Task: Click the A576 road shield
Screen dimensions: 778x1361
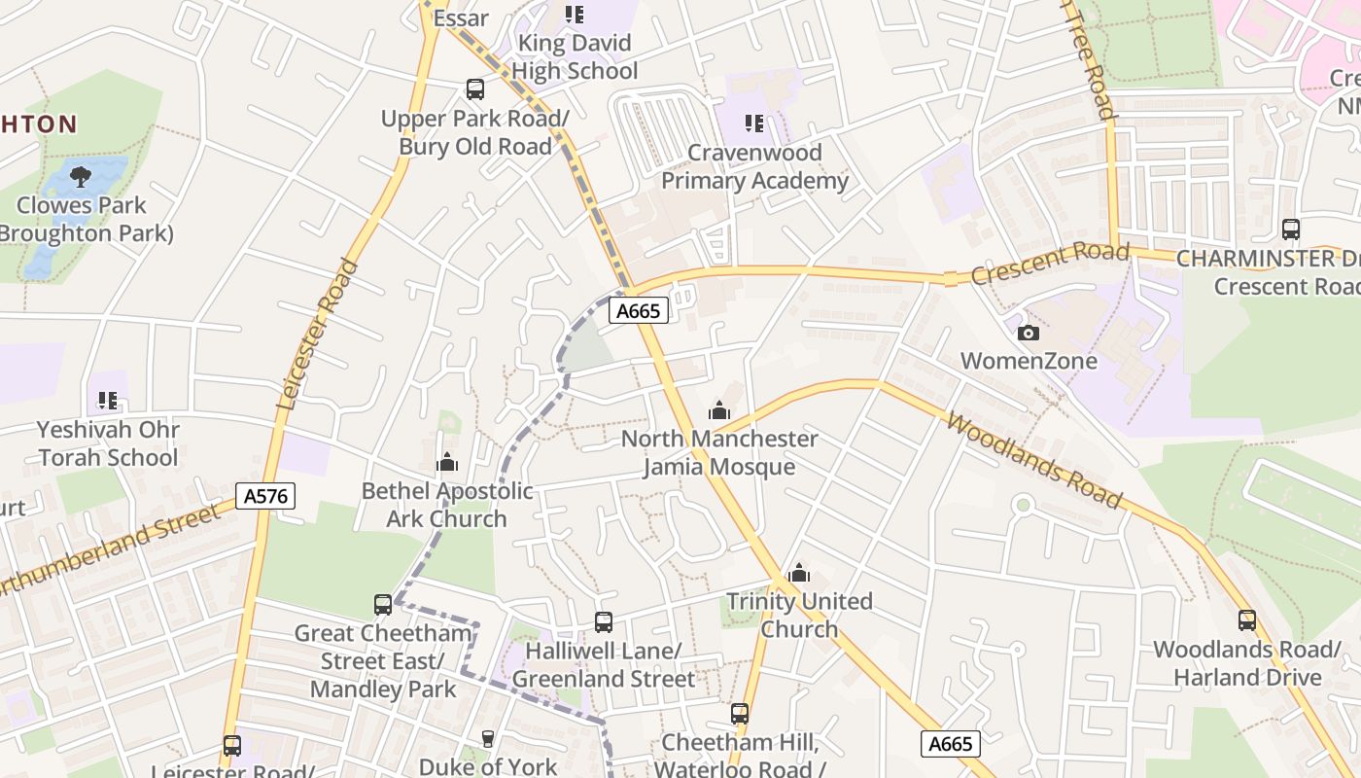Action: click(x=265, y=496)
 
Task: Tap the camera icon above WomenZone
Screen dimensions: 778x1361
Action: click(x=1028, y=333)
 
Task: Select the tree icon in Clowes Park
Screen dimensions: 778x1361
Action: click(x=81, y=176)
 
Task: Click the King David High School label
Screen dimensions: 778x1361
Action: click(x=575, y=56)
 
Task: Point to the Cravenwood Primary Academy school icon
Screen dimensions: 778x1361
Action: click(x=753, y=124)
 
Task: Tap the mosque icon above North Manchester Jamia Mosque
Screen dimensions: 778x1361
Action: click(x=719, y=410)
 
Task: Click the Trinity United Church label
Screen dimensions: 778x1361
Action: click(x=799, y=615)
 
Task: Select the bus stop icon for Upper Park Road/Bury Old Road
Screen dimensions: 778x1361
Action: click(x=474, y=89)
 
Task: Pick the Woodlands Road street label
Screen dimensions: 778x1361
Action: click(x=1033, y=460)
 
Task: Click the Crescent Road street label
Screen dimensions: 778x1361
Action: click(x=1050, y=264)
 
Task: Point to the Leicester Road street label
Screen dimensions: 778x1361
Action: click(x=318, y=334)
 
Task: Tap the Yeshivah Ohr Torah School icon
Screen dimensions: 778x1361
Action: click(x=107, y=400)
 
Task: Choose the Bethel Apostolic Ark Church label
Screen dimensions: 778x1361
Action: click(x=447, y=505)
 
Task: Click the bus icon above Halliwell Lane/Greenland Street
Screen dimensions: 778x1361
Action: click(x=604, y=621)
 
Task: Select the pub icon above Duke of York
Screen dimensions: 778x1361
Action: click(x=488, y=739)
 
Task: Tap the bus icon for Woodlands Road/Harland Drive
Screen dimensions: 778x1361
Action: click(x=1247, y=619)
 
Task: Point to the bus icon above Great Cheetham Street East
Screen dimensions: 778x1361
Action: click(x=383, y=605)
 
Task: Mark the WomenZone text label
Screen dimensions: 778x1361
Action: click(x=1029, y=361)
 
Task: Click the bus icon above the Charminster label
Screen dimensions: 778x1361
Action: click(x=1291, y=230)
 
